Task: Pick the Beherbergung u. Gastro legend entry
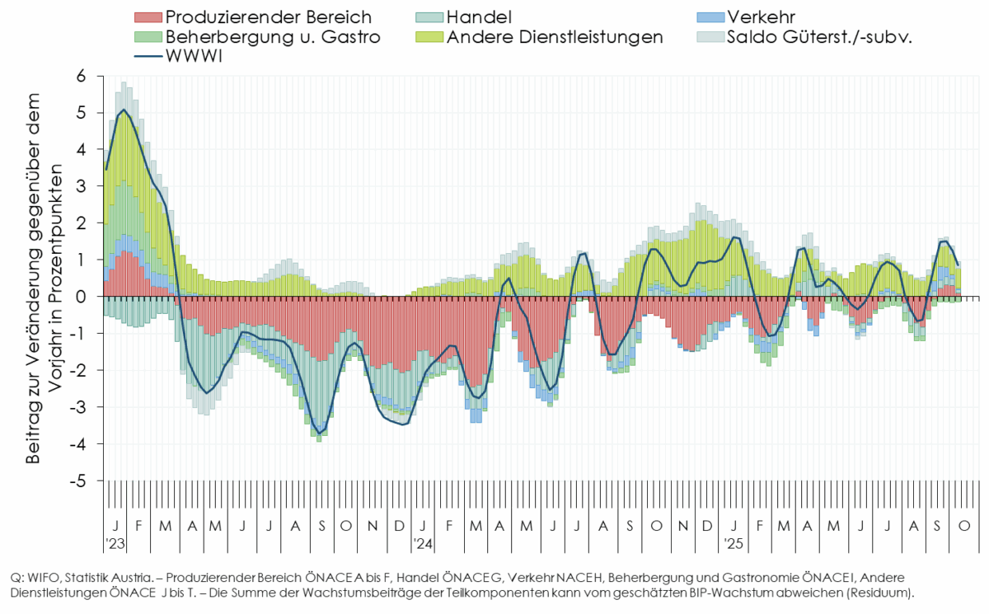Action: point(272,37)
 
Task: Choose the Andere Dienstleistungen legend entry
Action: point(554,37)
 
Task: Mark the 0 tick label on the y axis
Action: point(81,296)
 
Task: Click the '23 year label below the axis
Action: point(115,544)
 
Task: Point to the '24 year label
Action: point(423,544)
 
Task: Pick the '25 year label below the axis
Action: point(733,544)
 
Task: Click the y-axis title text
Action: point(44,278)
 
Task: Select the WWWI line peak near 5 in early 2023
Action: point(124,110)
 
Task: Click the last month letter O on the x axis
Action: point(964,526)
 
